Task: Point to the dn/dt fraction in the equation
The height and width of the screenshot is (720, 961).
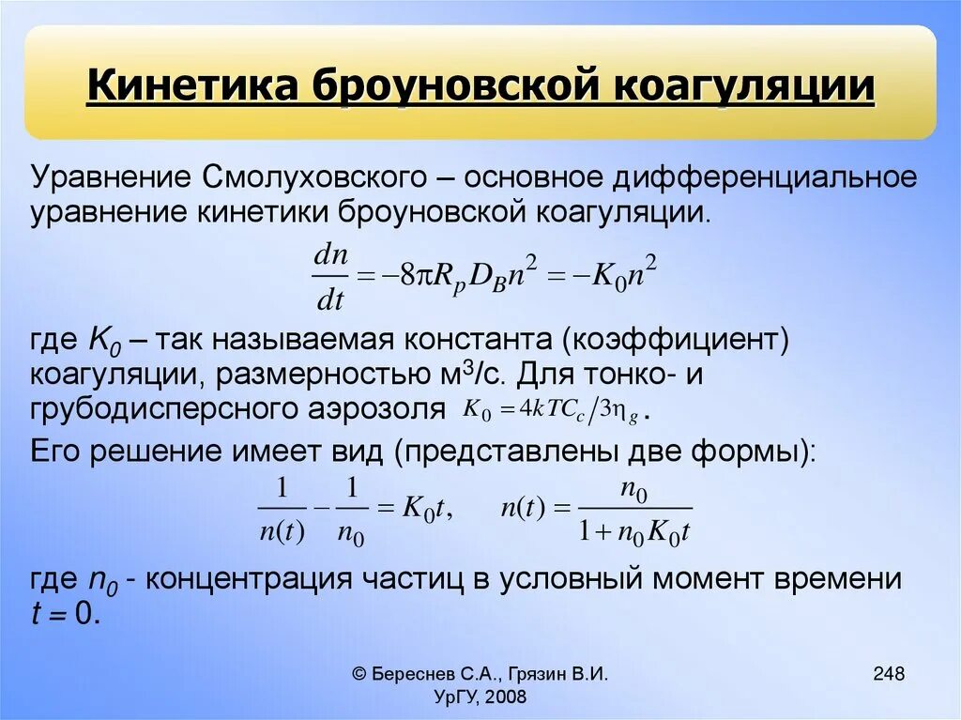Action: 329,278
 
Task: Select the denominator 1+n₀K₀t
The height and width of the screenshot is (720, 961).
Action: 634,532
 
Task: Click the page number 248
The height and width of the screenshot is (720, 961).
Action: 888,673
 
